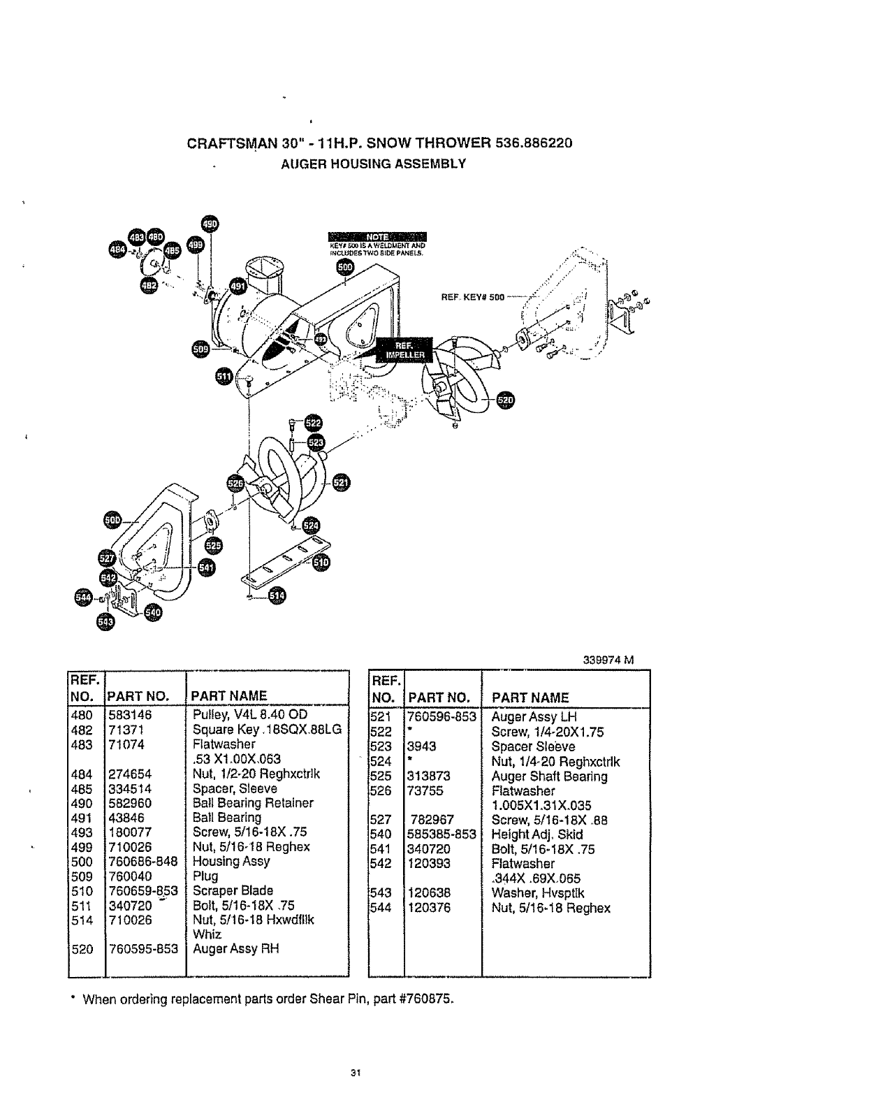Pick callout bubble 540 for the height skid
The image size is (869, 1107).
point(152,613)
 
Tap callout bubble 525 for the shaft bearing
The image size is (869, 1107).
point(214,544)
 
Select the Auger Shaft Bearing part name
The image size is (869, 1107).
point(549,776)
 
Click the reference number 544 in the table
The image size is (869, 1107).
point(382,908)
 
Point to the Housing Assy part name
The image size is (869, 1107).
point(231,862)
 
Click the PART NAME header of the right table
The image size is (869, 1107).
point(530,697)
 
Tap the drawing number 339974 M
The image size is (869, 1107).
point(606,660)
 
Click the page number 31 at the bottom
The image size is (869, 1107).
point(355,1074)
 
